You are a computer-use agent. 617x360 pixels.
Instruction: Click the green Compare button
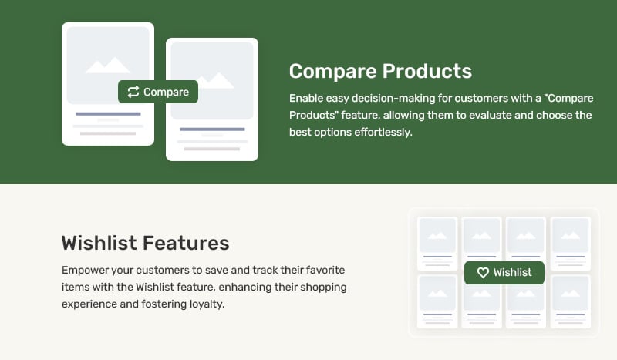158,92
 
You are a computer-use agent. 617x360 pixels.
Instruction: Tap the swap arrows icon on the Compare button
133,92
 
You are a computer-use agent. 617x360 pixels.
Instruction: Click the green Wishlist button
504,273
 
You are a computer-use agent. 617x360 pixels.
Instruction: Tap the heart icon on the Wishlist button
483,273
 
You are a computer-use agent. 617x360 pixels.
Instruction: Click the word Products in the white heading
427,71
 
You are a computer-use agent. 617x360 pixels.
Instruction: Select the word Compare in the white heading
333,72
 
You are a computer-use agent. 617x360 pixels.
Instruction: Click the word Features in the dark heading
186,243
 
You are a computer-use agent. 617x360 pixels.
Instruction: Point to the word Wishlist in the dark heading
99,243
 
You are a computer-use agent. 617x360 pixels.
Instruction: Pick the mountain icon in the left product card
108,65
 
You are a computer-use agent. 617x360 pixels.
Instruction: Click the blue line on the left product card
108,114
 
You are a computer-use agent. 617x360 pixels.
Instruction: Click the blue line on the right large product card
212,129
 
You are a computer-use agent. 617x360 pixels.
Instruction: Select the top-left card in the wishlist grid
437,243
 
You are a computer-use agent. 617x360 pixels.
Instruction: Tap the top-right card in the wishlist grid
571,243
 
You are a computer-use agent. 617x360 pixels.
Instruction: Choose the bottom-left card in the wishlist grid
437,301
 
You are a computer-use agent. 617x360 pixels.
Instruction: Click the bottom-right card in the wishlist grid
571,301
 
